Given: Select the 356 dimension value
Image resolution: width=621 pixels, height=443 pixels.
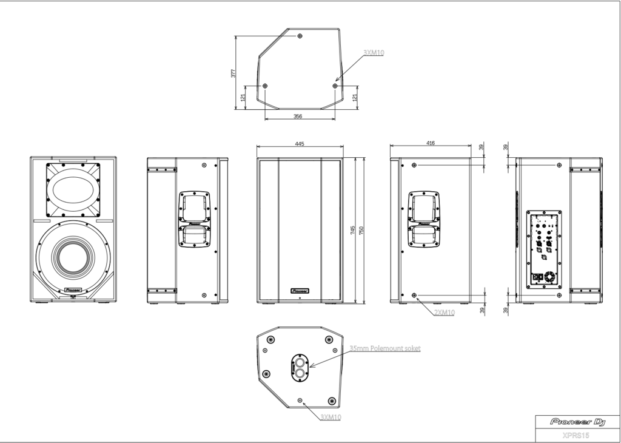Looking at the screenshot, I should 298,116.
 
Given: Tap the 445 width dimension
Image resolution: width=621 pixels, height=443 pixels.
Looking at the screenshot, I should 299,144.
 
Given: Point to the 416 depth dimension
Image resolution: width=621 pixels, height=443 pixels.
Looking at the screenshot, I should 430,143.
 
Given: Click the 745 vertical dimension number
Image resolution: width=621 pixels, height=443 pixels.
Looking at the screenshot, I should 354,230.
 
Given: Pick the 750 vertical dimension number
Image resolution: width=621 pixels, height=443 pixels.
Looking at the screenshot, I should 362,230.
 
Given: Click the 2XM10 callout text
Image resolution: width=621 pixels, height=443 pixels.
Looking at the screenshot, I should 445,312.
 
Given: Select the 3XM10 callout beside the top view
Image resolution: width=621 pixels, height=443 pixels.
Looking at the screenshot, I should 374,53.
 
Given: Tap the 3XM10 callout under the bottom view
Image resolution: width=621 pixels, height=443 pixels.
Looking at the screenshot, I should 331,417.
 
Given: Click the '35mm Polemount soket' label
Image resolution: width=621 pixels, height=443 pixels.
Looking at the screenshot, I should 384,348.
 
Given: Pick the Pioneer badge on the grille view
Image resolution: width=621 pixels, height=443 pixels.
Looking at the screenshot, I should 300,291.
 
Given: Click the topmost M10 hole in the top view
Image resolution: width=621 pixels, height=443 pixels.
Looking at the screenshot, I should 300,36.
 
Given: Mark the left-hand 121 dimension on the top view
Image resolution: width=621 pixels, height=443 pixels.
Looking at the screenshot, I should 243,98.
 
